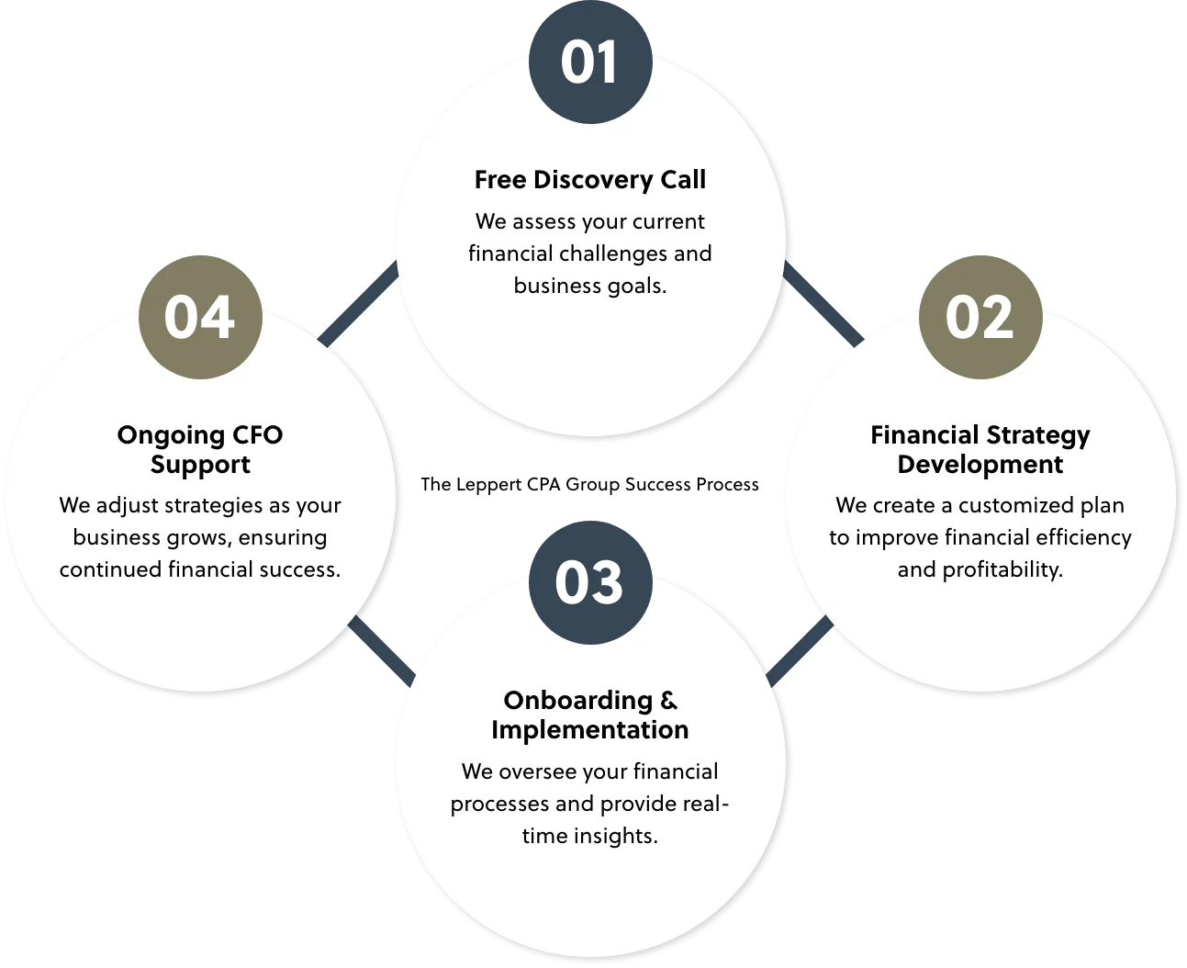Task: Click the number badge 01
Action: [590, 62]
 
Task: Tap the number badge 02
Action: [980, 317]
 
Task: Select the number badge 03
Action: [590, 582]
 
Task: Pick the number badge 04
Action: [200, 317]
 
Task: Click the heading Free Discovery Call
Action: [590, 180]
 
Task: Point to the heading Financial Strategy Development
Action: [980, 449]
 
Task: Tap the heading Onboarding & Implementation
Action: [590, 715]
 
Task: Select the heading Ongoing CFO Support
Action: [200, 449]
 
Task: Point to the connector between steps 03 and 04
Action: [380, 650]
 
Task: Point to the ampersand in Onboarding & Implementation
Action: [669, 701]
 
